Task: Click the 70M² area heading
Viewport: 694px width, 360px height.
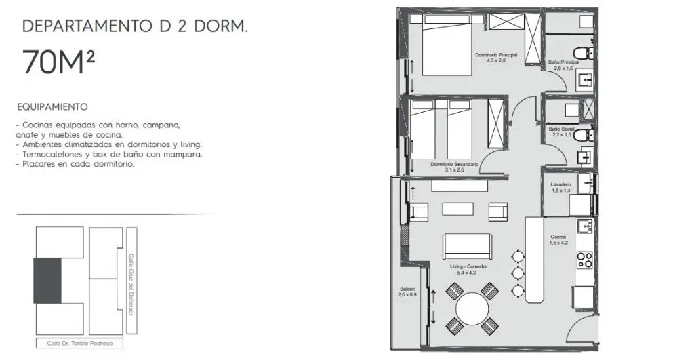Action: click(58, 62)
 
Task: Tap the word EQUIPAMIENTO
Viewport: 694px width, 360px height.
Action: click(52, 106)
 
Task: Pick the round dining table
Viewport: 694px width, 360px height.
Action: click(472, 308)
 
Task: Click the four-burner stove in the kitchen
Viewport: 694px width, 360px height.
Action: click(585, 260)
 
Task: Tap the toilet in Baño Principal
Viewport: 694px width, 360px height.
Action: click(584, 52)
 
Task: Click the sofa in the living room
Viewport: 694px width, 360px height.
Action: click(467, 247)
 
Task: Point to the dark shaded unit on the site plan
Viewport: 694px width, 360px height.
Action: click(47, 281)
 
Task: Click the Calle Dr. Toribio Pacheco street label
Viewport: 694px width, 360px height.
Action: click(80, 343)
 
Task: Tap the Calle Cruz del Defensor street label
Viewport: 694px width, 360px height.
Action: click(131, 285)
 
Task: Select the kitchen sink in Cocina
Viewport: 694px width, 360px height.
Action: click(585, 226)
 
